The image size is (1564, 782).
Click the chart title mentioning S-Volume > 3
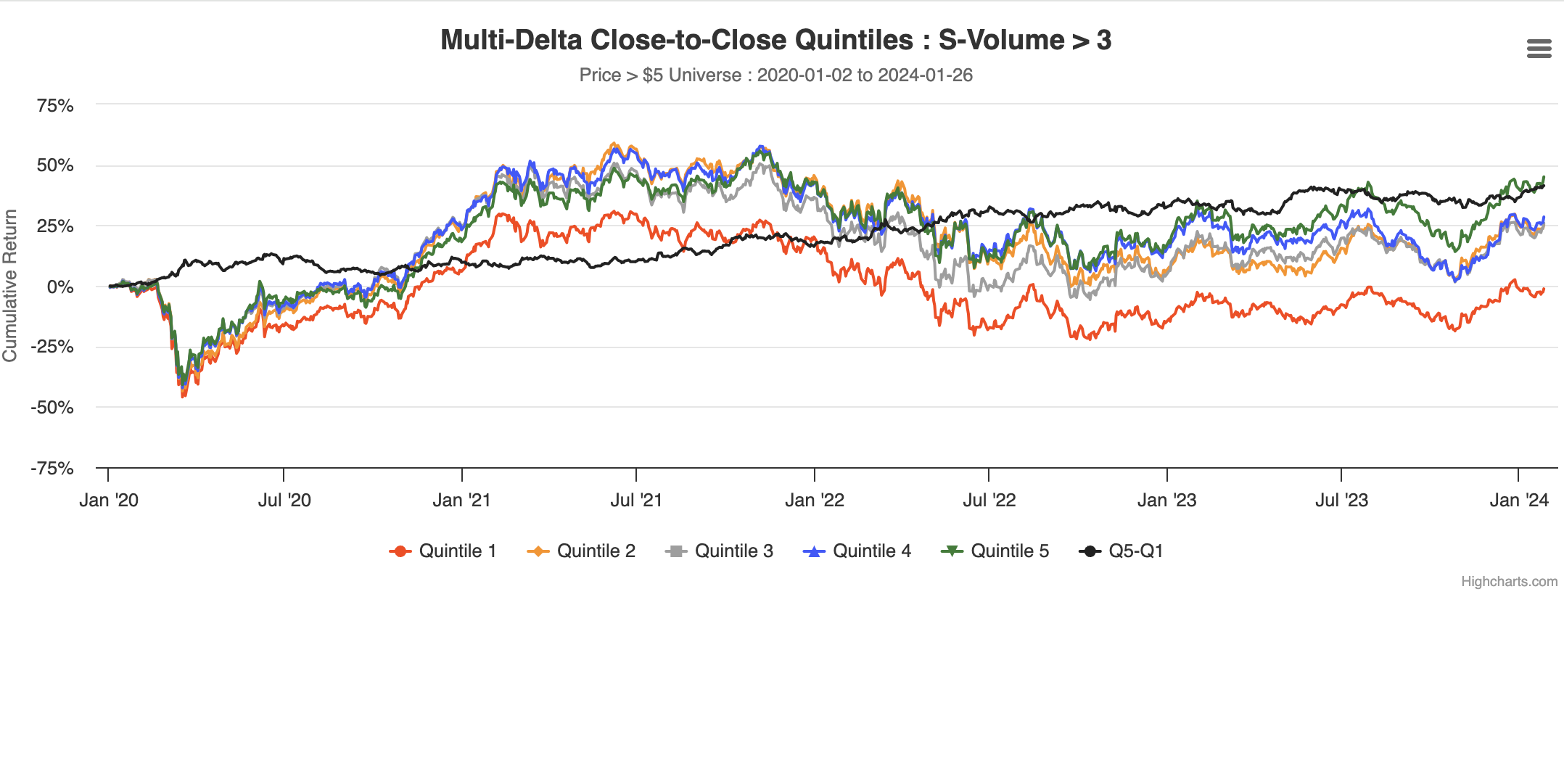coord(775,41)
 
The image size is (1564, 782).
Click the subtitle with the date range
coord(775,75)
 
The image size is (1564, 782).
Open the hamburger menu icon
coord(1539,49)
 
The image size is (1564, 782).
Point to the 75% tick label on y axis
coord(55,106)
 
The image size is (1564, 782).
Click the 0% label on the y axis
coord(60,287)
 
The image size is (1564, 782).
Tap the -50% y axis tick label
coord(52,408)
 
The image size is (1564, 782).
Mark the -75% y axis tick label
coord(52,469)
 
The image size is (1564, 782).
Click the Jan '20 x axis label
coord(109,501)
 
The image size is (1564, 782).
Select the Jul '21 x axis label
coord(636,501)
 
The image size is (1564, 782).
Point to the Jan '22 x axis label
coord(815,501)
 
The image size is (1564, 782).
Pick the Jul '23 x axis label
coord(1341,501)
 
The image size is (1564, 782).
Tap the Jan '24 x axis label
coord(1519,501)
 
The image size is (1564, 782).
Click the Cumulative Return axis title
coord(10,285)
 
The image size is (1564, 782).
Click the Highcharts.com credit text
coord(1509,582)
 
